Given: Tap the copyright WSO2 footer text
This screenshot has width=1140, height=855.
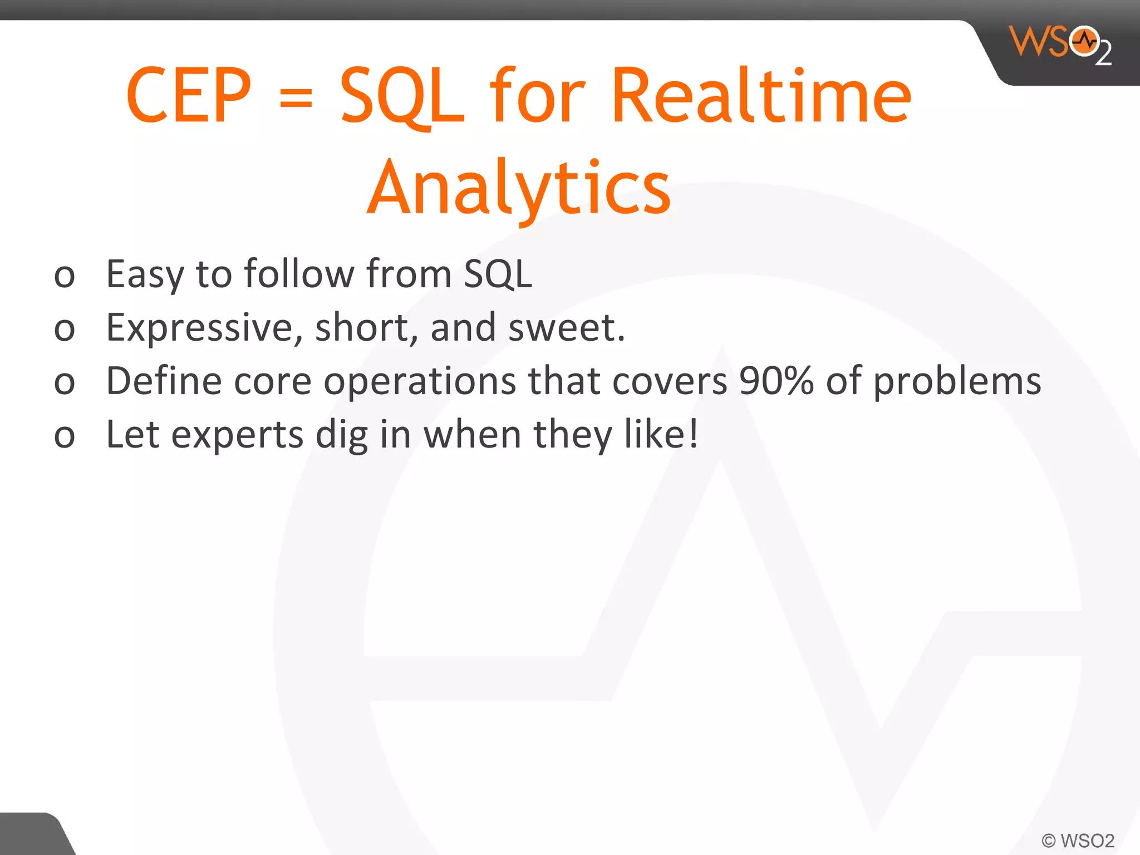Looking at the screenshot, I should tap(1078, 840).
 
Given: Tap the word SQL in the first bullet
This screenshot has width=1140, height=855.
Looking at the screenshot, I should tap(498, 274).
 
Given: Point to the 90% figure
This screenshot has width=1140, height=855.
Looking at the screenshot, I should tap(776, 381).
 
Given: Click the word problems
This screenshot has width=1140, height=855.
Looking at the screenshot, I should tap(957, 382).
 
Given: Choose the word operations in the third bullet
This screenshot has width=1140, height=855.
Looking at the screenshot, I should tap(420, 382).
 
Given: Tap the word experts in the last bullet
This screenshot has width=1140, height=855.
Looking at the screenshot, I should tap(237, 435).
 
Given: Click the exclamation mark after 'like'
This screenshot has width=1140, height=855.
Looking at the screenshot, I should tap(693, 433).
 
